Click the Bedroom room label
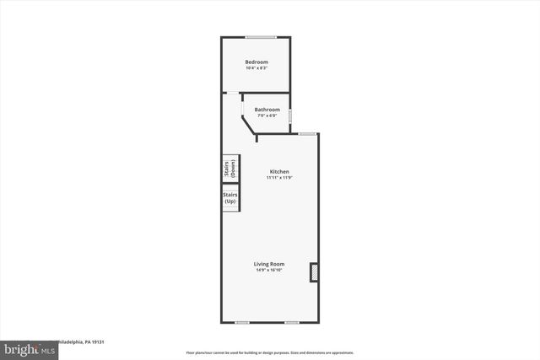point(256,62)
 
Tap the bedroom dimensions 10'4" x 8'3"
point(256,68)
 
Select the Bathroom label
point(267,109)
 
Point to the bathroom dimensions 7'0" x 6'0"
point(267,116)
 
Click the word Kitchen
point(278,171)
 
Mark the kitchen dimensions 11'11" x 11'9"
point(278,178)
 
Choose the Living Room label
point(269,264)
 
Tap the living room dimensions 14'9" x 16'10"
point(269,271)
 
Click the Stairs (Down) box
point(229,168)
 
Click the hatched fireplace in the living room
point(315,272)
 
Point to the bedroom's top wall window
point(261,36)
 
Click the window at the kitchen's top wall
point(307,133)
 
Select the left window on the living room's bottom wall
point(242,322)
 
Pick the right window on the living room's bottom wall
point(291,322)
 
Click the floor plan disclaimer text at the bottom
point(269,352)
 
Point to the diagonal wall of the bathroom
point(250,124)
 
